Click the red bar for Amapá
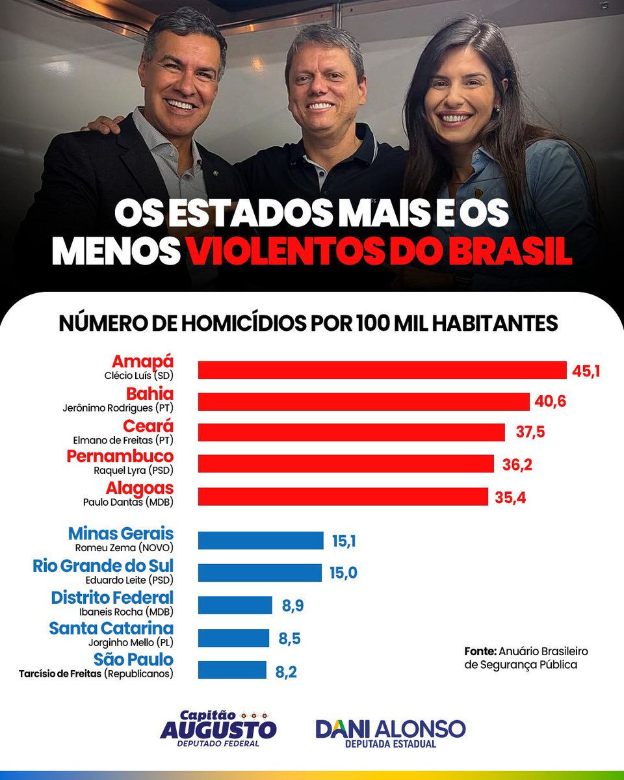pyautogui.click(x=382, y=370)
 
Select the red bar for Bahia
pyautogui.click(x=364, y=402)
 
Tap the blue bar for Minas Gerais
pyautogui.click(x=261, y=541)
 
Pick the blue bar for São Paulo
pyautogui.click(x=232, y=670)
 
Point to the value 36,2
pyautogui.click(x=517, y=464)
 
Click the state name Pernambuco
pyautogui.click(x=120, y=456)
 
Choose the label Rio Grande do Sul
pyautogui.click(x=103, y=565)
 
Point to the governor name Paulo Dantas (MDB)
pyautogui.click(x=129, y=502)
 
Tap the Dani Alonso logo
pyautogui.click(x=390, y=732)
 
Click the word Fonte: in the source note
pyautogui.click(x=480, y=651)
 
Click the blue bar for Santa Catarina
pyautogui.click(x=233, y=638)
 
